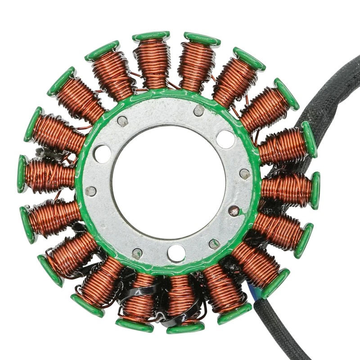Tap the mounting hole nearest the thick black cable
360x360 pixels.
[225, 139]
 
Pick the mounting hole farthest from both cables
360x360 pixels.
[102, 153]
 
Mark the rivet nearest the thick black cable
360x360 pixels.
[245, 174]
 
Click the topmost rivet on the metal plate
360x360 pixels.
[198, 110]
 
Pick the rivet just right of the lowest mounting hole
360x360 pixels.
[214, 244]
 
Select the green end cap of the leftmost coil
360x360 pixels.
[22, 174]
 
